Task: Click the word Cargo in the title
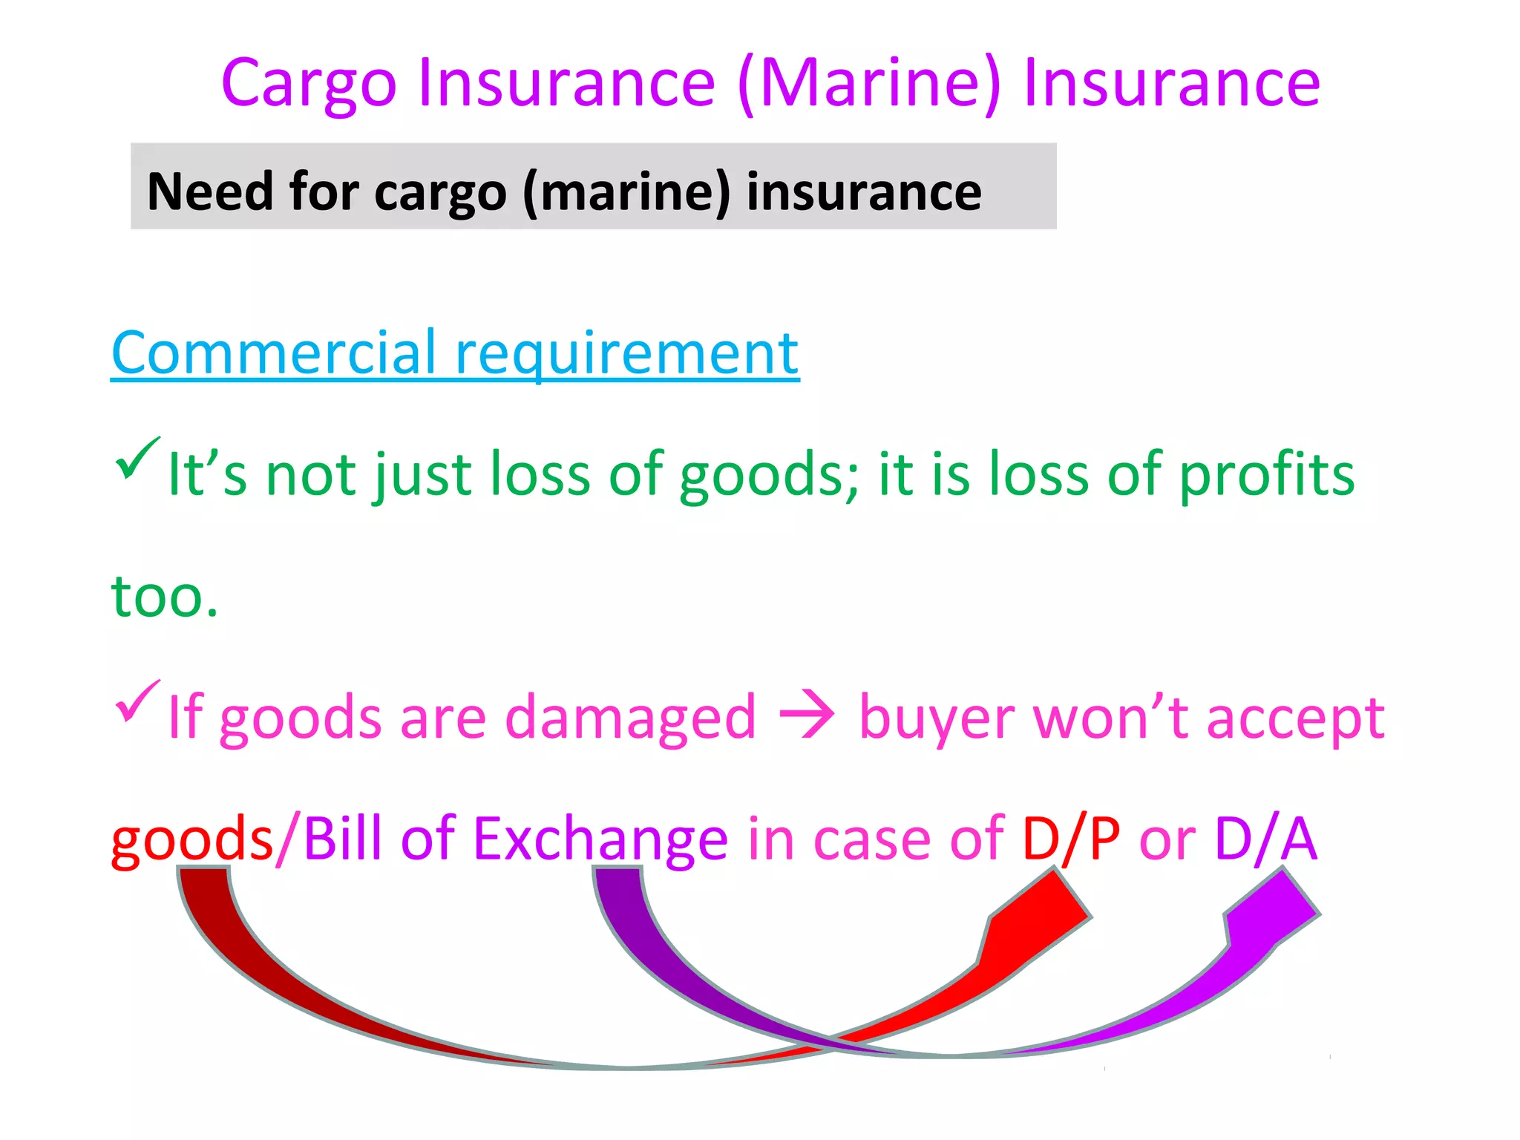[x=309, y=83]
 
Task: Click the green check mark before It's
[x=137, y=459]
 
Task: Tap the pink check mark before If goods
[x=137, y=701]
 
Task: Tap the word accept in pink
[x=1295, y=718]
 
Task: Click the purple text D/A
[x=1265, y=839]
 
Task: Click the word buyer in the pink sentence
[x=935, y=718]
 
